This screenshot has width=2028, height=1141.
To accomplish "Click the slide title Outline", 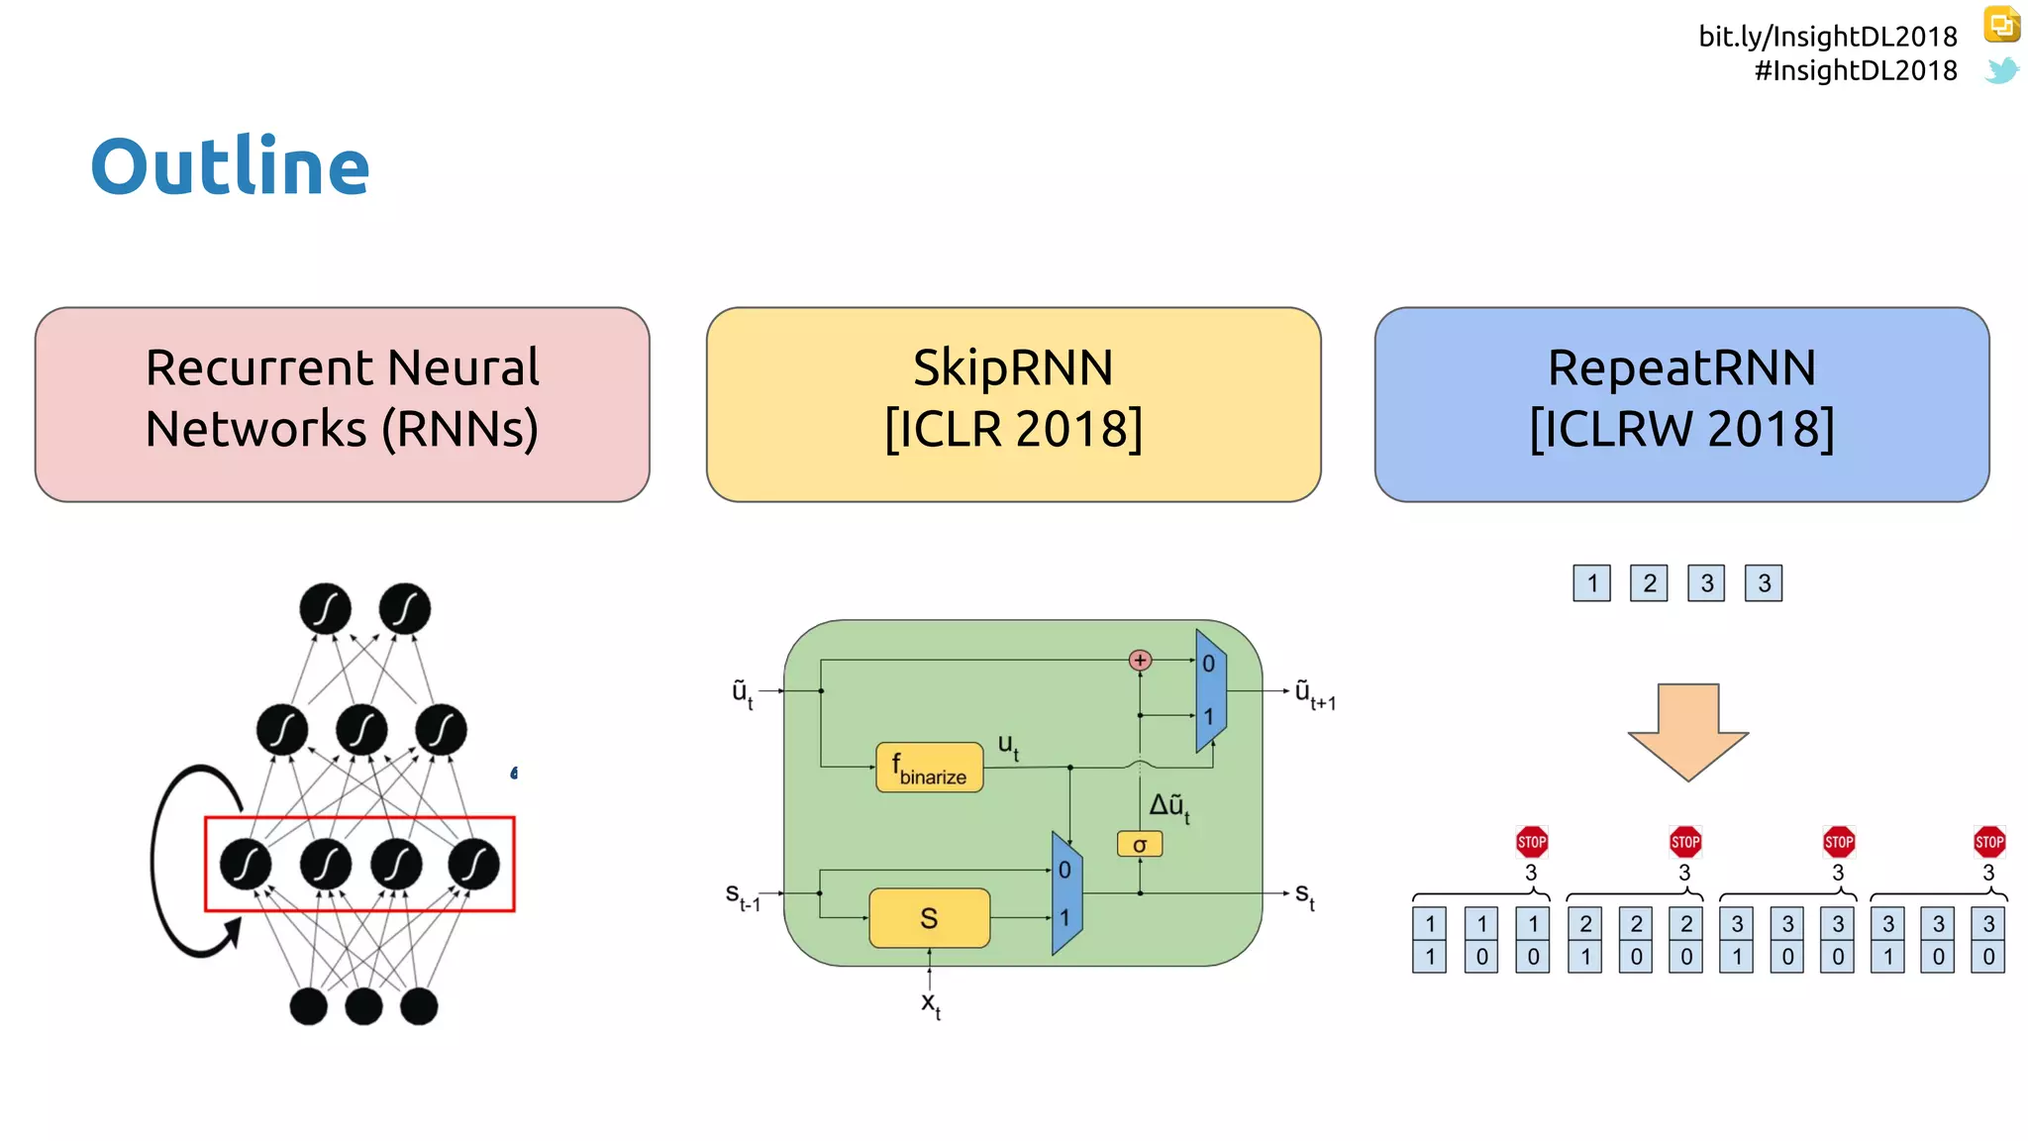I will click(x=230, y=166).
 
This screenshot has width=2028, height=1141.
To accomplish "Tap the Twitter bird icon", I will click(x=2001, y=70).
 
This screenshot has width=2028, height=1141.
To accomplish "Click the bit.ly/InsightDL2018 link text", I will click(x=1827, y=37).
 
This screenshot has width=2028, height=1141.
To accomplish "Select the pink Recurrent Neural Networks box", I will click(x=342, y=404).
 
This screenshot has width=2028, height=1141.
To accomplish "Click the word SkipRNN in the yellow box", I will click(x=1013, y=367).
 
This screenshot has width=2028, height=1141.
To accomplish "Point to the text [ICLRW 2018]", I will click(x=1681, y=429).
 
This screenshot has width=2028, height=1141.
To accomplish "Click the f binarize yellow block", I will click(x=929, y=768).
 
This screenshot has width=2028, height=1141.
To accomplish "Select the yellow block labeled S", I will click(x=929, y=918).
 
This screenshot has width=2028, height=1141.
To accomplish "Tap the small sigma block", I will click(x=1140, y=844).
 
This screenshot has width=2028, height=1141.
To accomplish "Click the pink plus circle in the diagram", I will click(x=1140, y=660).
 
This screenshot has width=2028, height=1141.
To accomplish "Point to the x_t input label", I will click(x=931, y=1003).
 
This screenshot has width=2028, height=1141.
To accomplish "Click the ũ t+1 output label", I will click(x=1314, y=693).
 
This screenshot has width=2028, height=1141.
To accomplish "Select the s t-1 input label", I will click(x=743, y=896).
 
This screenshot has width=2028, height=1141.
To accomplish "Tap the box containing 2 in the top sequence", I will click(x=1649, y=583).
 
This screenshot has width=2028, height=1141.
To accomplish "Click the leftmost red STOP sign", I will click(x=1531, y=842).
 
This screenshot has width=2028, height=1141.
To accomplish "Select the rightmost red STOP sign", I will click(x=1988, y=842).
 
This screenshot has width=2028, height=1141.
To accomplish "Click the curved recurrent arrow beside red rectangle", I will click(x=163, y=862).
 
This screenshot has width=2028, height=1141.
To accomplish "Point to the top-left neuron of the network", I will click(x=325, y=608).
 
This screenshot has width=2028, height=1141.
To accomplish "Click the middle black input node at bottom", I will click(x=363, y=1006).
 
